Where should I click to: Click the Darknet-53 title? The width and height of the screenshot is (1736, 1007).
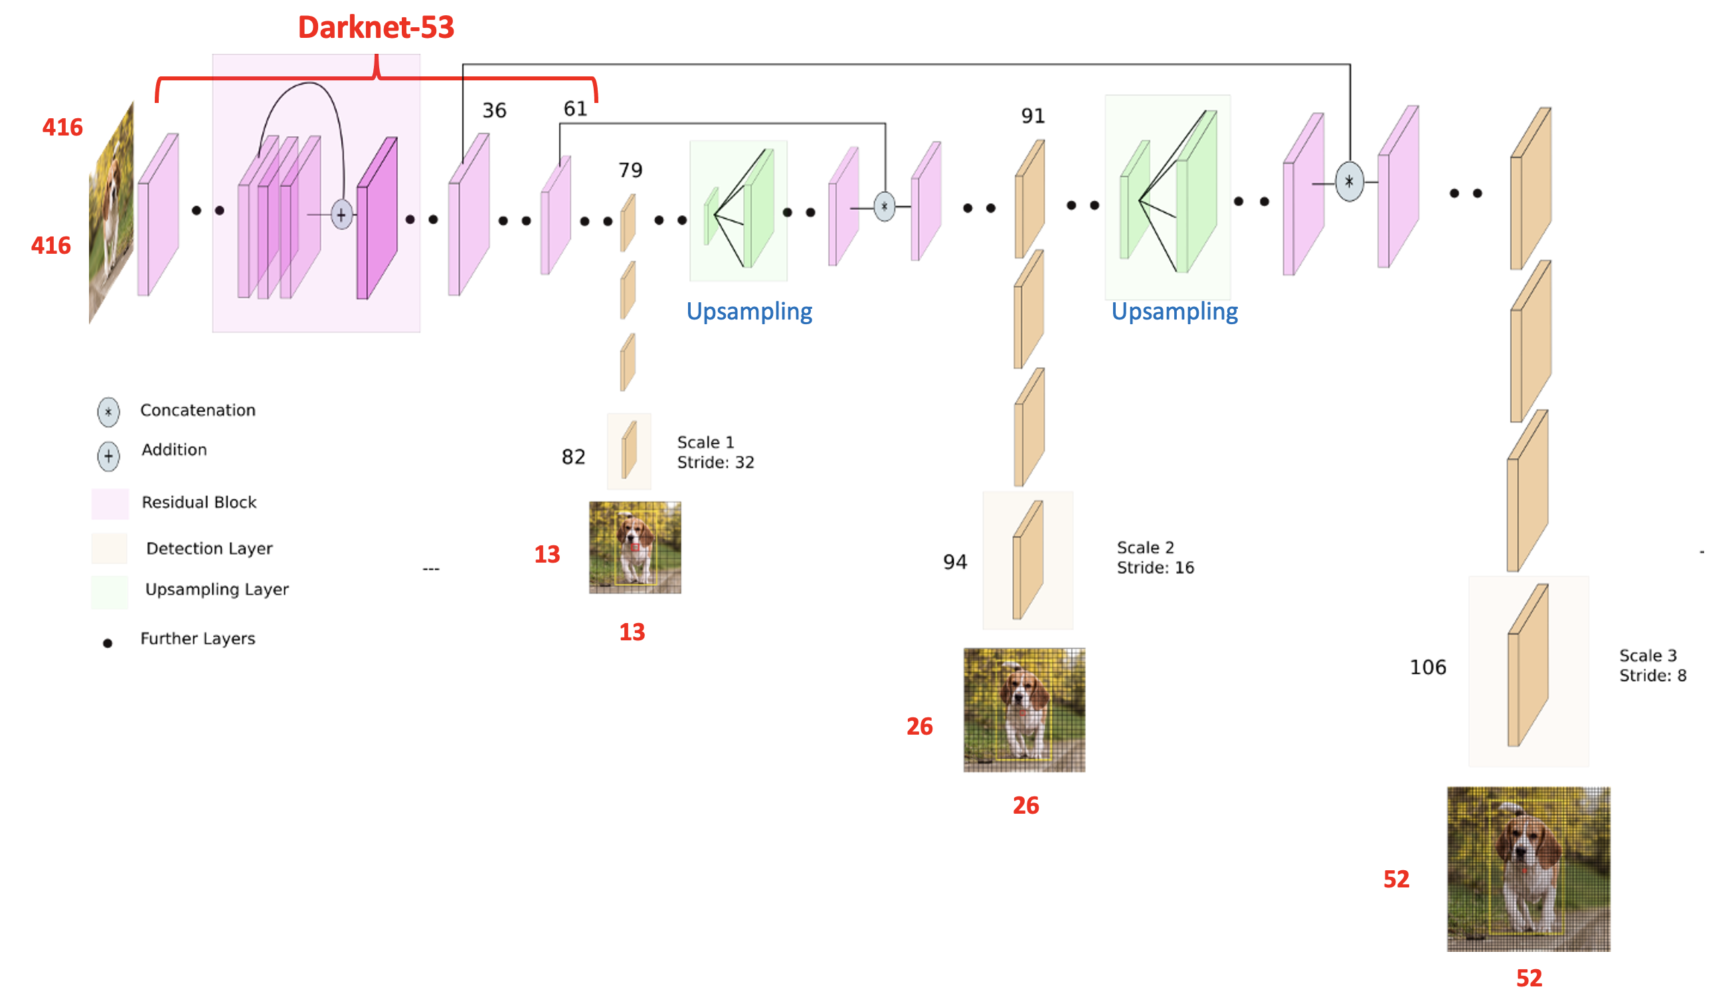(x=375, y=27)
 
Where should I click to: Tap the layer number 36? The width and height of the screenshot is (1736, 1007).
(x=494, y=110)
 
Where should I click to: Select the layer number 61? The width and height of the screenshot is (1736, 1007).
(x=575, y=108)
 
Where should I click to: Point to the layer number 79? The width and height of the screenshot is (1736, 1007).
(x=630, y=169)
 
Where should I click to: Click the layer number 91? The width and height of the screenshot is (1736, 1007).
(x=1033, y=115)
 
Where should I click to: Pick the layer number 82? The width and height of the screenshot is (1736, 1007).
(x=573, y=456)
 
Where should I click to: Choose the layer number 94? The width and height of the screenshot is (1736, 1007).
(x=955, y=562)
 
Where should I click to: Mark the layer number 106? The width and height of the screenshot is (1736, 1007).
(x=1427, y=666)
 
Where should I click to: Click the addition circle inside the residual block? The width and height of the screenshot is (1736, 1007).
(x=342, y=215)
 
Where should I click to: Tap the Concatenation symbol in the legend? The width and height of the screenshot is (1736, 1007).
(x=108, y=411)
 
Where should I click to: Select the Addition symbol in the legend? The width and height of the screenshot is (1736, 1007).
(x=108, y=456)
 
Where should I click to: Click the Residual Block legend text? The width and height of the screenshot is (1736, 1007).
(x=199, y=502)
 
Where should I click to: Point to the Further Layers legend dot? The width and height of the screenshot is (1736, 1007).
(x=108, y=643)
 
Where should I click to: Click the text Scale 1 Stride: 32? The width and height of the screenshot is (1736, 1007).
(x=715, y=452)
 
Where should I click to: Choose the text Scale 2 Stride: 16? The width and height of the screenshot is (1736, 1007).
(x=1155, y=557)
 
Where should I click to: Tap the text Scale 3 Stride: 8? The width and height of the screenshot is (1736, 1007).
(x=1652, y=665)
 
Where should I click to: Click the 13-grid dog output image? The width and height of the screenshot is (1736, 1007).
(x=634, y=547)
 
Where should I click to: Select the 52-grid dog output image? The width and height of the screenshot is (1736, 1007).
(x=1528, y=868)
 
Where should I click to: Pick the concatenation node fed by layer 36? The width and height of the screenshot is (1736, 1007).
(x=1349, y=182)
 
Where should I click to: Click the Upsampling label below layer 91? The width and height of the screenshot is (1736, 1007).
(x=1174, y=312)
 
